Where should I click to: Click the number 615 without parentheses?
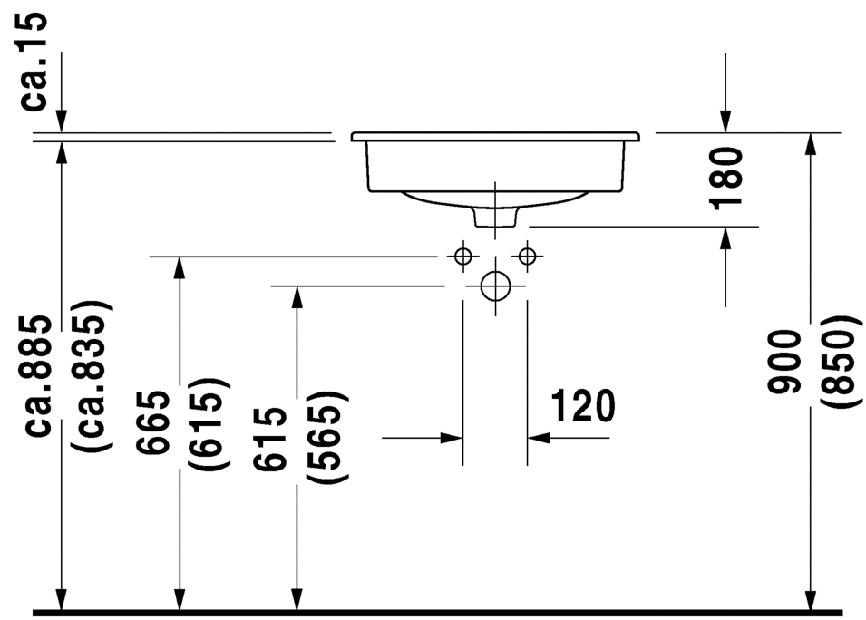[271, 438]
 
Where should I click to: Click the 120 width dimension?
[580, 407]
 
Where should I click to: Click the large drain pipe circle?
[495, 286]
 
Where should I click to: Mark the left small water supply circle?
[463, 256]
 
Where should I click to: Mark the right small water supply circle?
[527, 256]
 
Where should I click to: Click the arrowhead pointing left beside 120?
[539, 438]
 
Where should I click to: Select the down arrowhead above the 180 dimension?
[725, 121]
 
